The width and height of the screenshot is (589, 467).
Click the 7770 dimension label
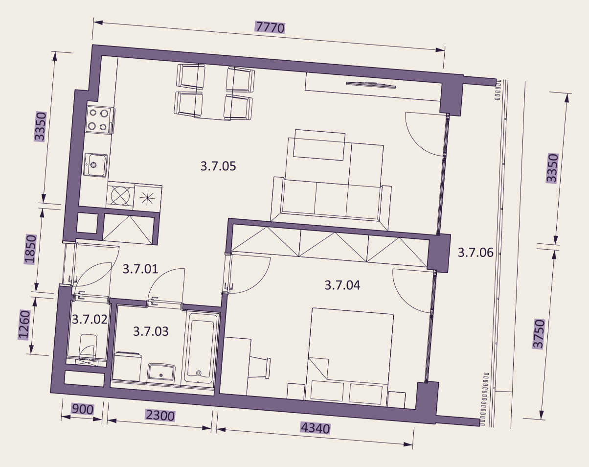[270, 27]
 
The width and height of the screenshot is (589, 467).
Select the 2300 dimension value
[160, 415]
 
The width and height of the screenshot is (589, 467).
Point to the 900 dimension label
[82, 409]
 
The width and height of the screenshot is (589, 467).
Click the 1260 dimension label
[24, 325]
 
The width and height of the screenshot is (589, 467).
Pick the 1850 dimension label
[30, 249]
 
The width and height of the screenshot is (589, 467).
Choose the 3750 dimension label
[539, 334]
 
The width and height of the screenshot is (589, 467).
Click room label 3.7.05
[218, 166]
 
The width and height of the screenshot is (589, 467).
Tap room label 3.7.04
[342, 285]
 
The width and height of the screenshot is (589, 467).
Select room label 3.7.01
[140, 269]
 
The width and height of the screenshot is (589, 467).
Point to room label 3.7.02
[90, 319]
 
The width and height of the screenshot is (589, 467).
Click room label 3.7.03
[151, 331]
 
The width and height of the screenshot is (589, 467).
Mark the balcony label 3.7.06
[476, 253]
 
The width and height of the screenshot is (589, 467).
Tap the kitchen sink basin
[95, 165]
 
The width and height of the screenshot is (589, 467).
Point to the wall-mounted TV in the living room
[371, 85]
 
